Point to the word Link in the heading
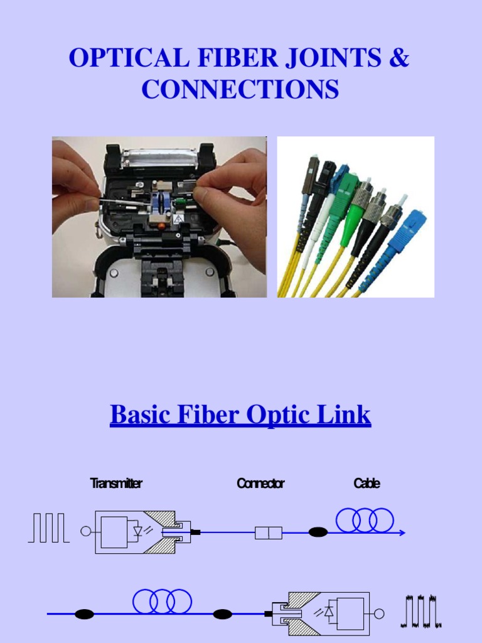(x=348, y=416)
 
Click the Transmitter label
(x=116, y=484)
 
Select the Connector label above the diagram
(x=260, y=484)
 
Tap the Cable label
(x=367, y=484)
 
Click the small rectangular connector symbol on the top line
(x=268, y=533)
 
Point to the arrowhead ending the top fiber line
(x=402, y=533)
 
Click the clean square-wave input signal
(x=48, y=527)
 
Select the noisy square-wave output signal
(x=421, y=612)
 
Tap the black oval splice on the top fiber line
(x=318, y=533)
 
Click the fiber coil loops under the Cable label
(x=365, y=521)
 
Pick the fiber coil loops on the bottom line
(x=162, y=601)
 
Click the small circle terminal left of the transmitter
(x=85, y=532)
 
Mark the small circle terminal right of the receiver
(x=378, y=613)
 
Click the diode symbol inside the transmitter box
(x=140, y=531)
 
